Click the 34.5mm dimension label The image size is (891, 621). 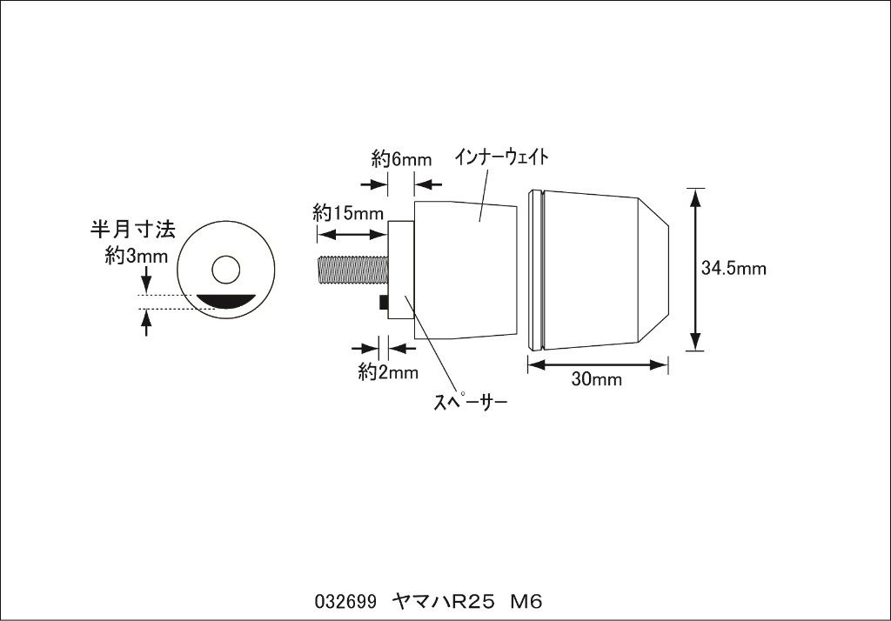[x=733, y=268]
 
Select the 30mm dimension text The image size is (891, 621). [x=596, y=379]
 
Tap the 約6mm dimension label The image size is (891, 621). [x=401, y=159]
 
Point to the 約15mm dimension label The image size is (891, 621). [x=348, y=213]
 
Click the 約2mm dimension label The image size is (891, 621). [x=388, y=372]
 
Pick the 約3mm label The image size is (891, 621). [x=137, y=257]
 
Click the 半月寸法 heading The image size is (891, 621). [x=133, y=229]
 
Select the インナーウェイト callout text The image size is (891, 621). [x=500, y=157]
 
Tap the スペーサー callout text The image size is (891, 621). [x=470, y=403]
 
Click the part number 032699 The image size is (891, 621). [x=345, y=602]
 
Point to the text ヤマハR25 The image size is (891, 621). [x=444, y=602]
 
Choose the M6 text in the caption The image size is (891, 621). [x=526, y=602]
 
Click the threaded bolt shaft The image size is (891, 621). [x=352, y=270]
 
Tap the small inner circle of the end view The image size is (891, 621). [x=225, y=270]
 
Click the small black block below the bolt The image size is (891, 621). [x=384, y=303]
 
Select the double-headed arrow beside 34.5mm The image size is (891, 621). [x=695, y=270]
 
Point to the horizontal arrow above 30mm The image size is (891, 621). [x=597, y=364]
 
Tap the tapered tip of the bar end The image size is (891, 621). [x=653, y=270]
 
